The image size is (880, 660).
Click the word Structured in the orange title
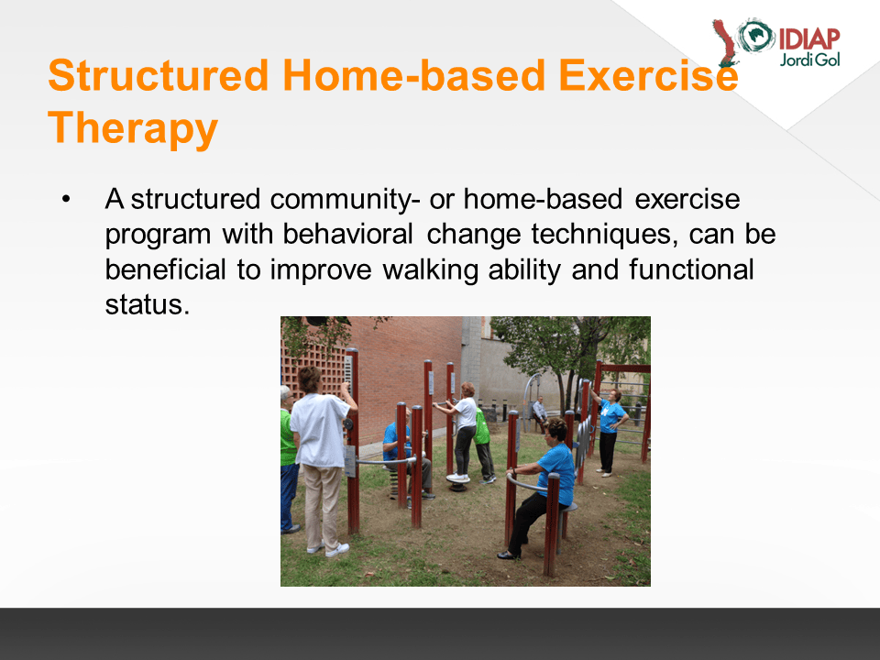click(x=159, y=75)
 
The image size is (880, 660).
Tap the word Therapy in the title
click(x=132, y=128)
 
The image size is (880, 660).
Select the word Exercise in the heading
click(x=648, y=75)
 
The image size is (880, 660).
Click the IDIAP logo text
click(x=809, y=39)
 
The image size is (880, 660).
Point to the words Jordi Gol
click(x=809, y=60)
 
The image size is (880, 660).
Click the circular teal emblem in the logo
click(x=755, y=36)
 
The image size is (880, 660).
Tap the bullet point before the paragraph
click(x=66, y=199)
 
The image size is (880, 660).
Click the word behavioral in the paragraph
click(x=347, y=234)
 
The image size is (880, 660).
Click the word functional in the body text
click(x=691, y=269)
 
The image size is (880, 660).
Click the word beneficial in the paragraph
click(x=165, y=269)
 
